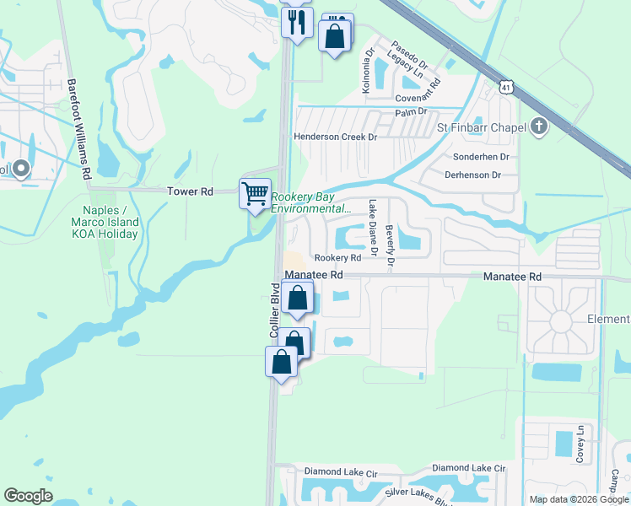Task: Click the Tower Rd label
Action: click(x=189, y=192)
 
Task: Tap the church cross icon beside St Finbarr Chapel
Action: click(x=538, y=127)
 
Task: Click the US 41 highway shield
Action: click(x=504, y=87)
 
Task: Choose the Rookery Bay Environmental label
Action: click(x=310, y=203)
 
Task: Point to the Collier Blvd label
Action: click(x=274, y=317)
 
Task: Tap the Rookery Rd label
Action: click(x=337, y=258)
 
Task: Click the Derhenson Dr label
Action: click(x=472, y=175)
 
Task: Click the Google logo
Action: click(x=29, y=496)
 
